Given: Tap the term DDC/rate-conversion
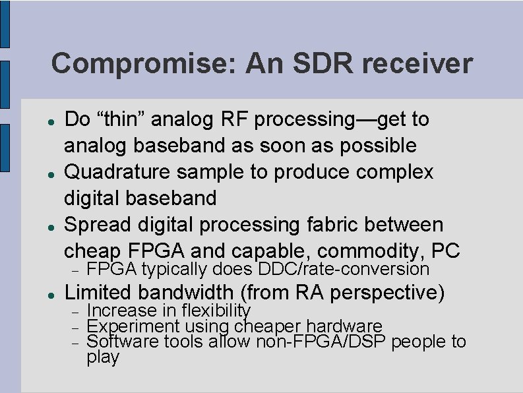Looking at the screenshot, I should coord(344,269).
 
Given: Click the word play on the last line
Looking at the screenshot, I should coord(103,357).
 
